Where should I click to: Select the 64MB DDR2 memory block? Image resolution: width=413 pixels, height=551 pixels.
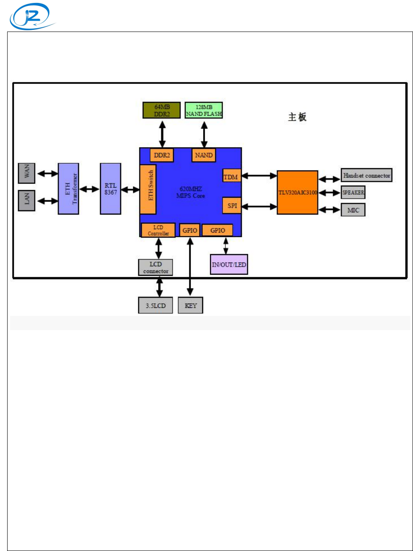click(161, 110)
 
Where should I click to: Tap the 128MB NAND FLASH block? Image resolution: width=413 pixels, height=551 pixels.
click(204, 110)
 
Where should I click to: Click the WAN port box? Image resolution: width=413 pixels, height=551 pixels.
click(26, 173)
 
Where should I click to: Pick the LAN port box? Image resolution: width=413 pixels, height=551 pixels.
click(26, 200)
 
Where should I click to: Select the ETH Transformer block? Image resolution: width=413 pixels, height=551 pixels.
click(69, 188)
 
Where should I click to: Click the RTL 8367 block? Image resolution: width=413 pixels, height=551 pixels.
click(111, 188)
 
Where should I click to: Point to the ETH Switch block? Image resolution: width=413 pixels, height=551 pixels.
click(148, 189)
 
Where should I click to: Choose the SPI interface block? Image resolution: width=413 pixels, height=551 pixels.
click(232, 206)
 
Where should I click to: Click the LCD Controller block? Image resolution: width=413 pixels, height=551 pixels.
click(158, 230)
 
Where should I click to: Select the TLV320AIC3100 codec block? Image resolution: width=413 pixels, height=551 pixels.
click(297, 192)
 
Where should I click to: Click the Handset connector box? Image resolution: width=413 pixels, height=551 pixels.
click(366, 175)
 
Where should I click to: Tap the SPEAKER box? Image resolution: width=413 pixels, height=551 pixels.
click(353, 192)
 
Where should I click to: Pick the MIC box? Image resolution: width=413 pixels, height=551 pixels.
click(353, 210)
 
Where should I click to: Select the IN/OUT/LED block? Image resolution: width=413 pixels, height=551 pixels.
click(229, 265)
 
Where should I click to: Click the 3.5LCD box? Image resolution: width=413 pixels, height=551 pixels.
click(156, 305)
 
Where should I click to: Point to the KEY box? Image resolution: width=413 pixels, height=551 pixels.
click(191, 305)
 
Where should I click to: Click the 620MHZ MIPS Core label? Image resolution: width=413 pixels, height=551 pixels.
click(191, 192)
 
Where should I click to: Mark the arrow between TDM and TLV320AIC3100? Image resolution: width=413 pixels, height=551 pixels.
click(259, 176)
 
